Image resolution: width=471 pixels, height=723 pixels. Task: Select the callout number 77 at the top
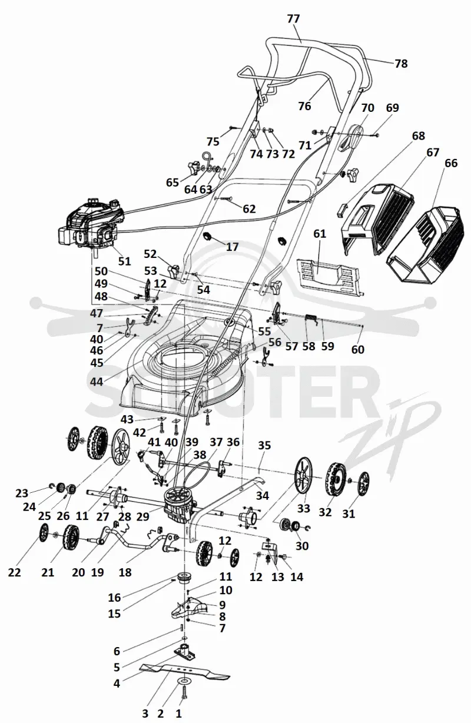click(293, 19)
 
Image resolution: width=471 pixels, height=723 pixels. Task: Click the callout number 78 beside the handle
click(401, 64)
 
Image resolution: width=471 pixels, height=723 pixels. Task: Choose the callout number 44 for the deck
click(97, 382)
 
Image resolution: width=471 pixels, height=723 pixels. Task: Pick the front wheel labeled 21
click(69, 536)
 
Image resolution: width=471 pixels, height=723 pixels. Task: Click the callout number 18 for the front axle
click(125, 572)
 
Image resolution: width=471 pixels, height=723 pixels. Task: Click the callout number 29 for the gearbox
click(142, 516)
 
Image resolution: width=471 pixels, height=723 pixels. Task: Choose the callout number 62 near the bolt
click(249, 209)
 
